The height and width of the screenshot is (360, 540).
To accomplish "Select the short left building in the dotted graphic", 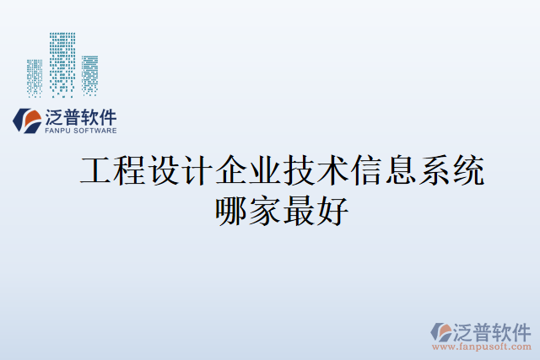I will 35,75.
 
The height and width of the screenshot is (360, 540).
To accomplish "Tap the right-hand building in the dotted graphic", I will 89,74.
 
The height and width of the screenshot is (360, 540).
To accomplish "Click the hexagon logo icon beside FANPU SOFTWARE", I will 25,121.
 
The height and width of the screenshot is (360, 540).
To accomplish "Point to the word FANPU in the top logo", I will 57,131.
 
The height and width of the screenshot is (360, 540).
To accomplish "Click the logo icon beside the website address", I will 442,330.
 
